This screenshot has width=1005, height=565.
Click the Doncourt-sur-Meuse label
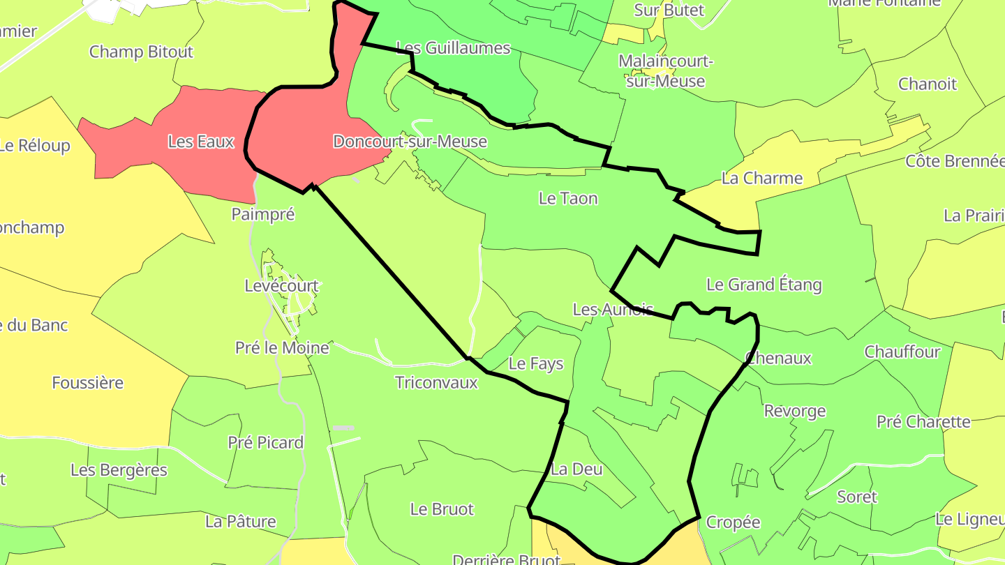point(410,142)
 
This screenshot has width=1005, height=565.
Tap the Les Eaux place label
point(201,142)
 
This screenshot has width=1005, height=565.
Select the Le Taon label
point(568,198)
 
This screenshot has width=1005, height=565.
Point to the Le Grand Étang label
point(764,285)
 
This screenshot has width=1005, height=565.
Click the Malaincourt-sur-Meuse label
point(665,71)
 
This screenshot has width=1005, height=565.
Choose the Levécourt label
point(281,285)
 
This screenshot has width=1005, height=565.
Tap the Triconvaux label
point(436,382)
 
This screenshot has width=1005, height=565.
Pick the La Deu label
point(576,469)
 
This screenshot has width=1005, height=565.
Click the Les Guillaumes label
point(453,48)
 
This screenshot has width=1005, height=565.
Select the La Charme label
point(762,178)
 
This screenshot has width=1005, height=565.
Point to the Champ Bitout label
point(141,52)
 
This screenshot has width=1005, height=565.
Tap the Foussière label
point(88,382)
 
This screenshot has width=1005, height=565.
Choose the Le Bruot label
point(442,509)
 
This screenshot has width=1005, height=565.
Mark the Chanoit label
point(928,84)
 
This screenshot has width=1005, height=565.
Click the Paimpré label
point(263,214)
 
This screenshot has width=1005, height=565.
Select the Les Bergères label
point(119,470)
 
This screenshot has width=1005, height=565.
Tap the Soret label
point(857,497)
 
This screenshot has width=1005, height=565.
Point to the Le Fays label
point(535,363)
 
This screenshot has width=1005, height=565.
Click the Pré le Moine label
point(282,347)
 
